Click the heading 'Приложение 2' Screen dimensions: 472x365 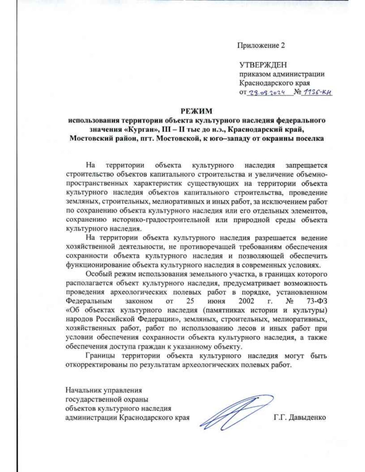click(261, 46)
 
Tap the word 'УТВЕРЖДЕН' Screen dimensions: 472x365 click(263, 65)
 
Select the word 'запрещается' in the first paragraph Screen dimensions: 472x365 click(306, 166)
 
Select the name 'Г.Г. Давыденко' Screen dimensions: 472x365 click(300, 418)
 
